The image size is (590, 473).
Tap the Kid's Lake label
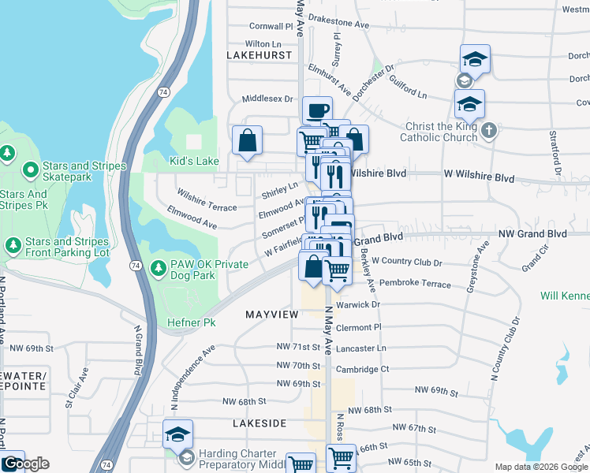point(194,162)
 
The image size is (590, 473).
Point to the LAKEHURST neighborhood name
point(254,56)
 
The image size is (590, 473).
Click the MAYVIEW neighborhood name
point(272,314)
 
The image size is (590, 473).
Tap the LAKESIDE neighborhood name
point(260,423)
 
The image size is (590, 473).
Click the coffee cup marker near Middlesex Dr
point(317,110)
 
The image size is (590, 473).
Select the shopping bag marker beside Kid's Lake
point(248,140)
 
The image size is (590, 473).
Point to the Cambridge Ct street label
point(363,369)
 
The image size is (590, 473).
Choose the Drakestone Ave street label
point(339,24)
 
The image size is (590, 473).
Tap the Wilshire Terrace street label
point(207,199)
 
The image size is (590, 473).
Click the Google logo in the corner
point(25,464)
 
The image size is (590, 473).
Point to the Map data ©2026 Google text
point(541,467)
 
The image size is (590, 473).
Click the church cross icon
point(489,128)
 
